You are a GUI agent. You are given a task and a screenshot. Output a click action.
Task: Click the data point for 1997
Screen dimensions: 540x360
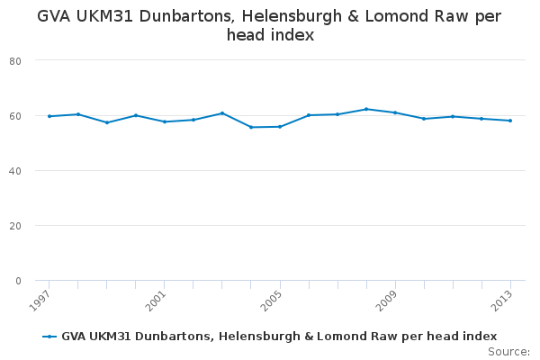pos(49,116)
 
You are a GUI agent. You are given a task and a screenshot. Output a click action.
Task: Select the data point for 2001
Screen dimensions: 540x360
pos(165,121)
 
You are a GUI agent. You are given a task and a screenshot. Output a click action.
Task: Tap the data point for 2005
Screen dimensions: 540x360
pos(280,127)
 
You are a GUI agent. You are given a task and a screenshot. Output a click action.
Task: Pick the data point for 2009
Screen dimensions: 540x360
pos(395,112)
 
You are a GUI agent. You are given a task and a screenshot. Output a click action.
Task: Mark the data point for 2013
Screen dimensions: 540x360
pos(510,121)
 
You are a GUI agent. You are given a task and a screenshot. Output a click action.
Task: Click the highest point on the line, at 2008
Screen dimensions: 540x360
pos(366,109)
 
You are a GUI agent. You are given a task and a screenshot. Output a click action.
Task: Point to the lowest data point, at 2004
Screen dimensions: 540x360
pos(251,127)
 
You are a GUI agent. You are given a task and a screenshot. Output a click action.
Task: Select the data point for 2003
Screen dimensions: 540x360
pos(222,113)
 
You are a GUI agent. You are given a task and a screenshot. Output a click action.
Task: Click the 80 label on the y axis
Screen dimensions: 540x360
pos(15,61)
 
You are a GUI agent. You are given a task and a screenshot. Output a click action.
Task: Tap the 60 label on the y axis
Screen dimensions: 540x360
pos(15,116)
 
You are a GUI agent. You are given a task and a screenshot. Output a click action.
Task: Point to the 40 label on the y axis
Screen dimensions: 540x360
pos(15,171)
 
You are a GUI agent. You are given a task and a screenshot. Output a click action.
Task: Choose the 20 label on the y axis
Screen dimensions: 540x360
pos(15,226)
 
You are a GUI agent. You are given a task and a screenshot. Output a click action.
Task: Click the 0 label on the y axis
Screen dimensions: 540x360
pos(18,281)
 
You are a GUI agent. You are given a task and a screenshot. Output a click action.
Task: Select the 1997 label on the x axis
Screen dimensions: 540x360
pos(40,301)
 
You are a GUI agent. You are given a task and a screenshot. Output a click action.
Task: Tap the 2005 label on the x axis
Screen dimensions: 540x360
pos(271,301)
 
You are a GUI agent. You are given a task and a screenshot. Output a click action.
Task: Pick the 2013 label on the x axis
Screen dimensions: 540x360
pos(501,301)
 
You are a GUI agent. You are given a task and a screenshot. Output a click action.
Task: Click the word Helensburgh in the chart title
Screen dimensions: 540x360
pos(292,16)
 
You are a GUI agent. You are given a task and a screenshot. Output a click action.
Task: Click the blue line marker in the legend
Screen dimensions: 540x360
pos(49,337)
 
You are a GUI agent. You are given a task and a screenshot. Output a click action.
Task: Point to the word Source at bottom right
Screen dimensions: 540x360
pos(508,352)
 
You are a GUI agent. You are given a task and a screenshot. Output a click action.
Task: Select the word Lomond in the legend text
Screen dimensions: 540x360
pos(339,337)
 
